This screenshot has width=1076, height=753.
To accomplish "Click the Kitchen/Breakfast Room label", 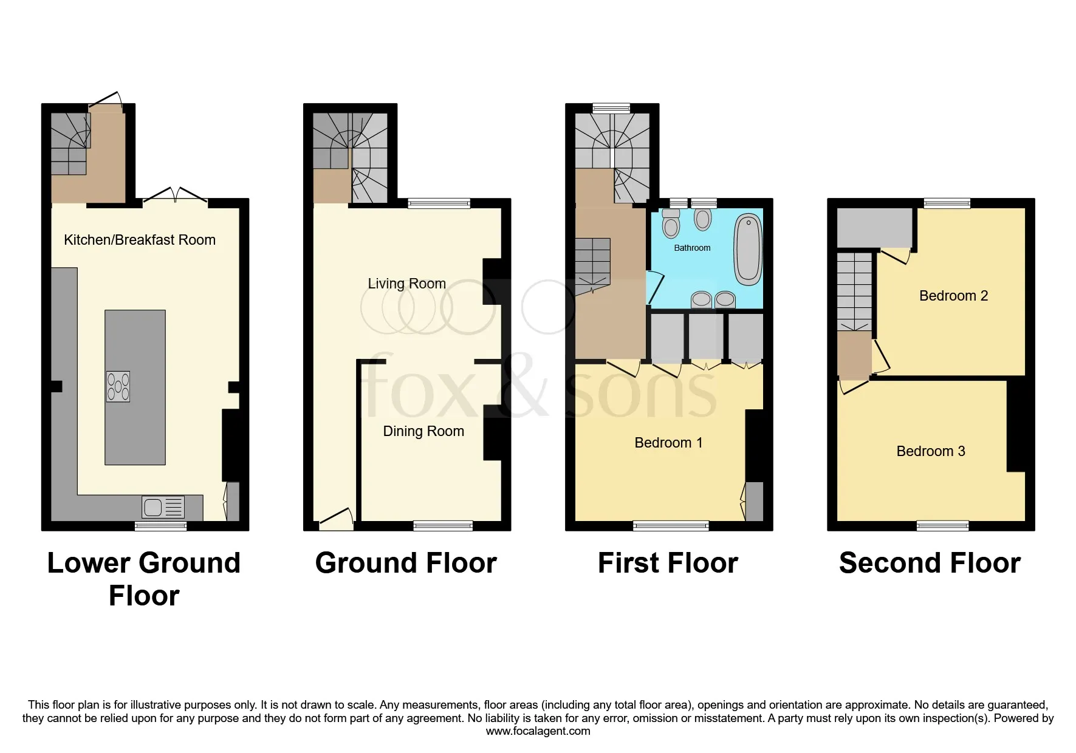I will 139,240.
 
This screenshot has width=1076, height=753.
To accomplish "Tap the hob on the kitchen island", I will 118,386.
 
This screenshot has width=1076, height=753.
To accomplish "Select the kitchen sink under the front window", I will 163,506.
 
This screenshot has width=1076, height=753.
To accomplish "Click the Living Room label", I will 406,284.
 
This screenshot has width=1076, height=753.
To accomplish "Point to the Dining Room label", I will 423,431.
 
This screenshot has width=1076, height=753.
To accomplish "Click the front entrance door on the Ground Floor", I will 336,518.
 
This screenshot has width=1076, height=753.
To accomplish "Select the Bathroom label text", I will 691,248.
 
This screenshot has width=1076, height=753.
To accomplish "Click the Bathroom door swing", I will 654,288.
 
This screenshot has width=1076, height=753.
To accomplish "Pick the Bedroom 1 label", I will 668,443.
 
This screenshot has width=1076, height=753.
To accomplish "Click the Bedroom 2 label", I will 953,296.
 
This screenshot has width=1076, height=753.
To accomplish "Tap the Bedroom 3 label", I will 930,451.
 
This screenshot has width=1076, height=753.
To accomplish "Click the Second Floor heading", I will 929,563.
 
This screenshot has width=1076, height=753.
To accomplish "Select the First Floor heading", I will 667,563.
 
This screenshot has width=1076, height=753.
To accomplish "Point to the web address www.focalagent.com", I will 538,731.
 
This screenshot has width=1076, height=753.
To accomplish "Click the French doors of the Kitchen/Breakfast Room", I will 176,196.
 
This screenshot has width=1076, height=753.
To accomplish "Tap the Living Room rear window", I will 439,203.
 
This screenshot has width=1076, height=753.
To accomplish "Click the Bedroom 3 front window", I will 942,526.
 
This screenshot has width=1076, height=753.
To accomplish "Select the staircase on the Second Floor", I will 854,291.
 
